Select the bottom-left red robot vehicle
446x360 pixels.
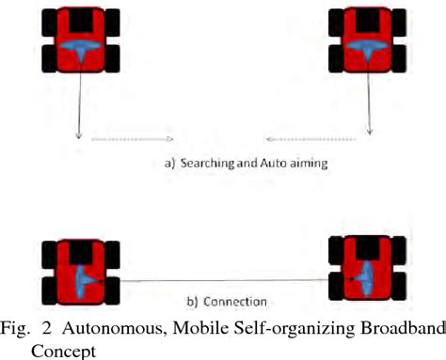tap(81, 273)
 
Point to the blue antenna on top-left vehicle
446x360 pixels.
tap(83, 49)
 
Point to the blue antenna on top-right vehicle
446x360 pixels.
tap(361, 49)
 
